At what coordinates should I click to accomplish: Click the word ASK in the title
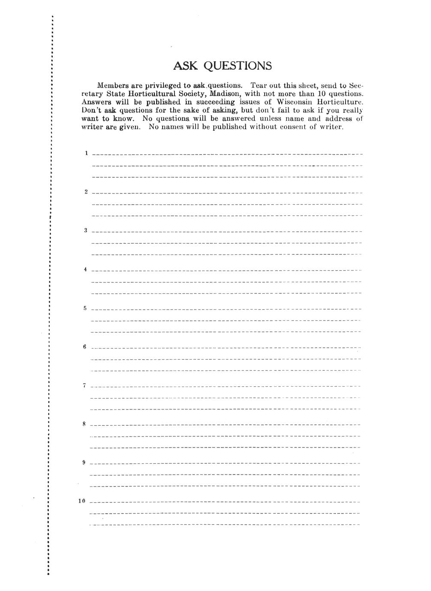[185, 66]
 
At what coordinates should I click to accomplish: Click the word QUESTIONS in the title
[237, 66]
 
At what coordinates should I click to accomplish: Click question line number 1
[227, 153]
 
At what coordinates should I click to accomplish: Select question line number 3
[227, 231]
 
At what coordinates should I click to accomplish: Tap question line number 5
[227, 309]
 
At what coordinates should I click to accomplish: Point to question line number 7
[227, 386]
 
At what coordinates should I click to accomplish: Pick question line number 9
[227, 463]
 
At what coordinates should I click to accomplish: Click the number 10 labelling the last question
[82, 501]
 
